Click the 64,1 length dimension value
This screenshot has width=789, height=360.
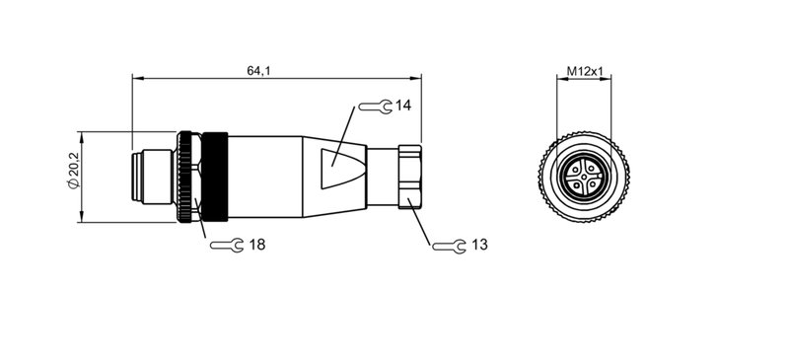pyautogui.click(x=259, y=70)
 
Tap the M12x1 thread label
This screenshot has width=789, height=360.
pyautogui.click(x=585, y=72)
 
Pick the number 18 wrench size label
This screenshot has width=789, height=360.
pyautogui.click(x=257, y=244)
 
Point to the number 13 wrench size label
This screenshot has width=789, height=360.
pyautogui.click(x=479, y=244)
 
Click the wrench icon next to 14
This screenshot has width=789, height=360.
pyautogui.click(x=375, y=106)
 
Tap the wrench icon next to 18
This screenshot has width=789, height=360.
pyautogui.click(x=228, y=245)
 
